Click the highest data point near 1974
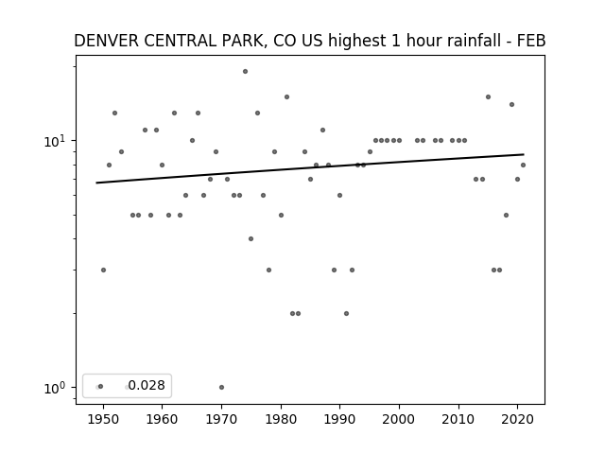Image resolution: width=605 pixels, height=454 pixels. coord(245,72)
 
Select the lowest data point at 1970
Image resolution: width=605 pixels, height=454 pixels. coord(221,387)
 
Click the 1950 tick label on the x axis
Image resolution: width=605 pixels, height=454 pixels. coord(103,419)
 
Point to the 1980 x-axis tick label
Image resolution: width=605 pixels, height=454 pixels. coord(281,419)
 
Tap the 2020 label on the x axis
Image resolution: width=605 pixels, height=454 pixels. coord(518,419)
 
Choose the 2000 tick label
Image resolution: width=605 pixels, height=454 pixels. coord(399,419)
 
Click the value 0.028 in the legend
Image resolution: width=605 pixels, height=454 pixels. coord(147,385)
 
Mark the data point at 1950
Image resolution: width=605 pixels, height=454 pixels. coord(103,270)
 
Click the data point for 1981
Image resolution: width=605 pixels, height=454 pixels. coord(286,96)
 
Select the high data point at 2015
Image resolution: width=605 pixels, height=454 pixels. coord(488,96)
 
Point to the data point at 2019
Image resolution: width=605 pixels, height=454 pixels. coord(512,105)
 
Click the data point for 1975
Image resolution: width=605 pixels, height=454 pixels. coord(251,239)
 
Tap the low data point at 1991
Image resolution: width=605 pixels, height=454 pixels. coord(346,313)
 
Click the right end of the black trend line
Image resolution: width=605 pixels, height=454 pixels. coord(524,154)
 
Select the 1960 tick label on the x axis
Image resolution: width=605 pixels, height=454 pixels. coord(162,419)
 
